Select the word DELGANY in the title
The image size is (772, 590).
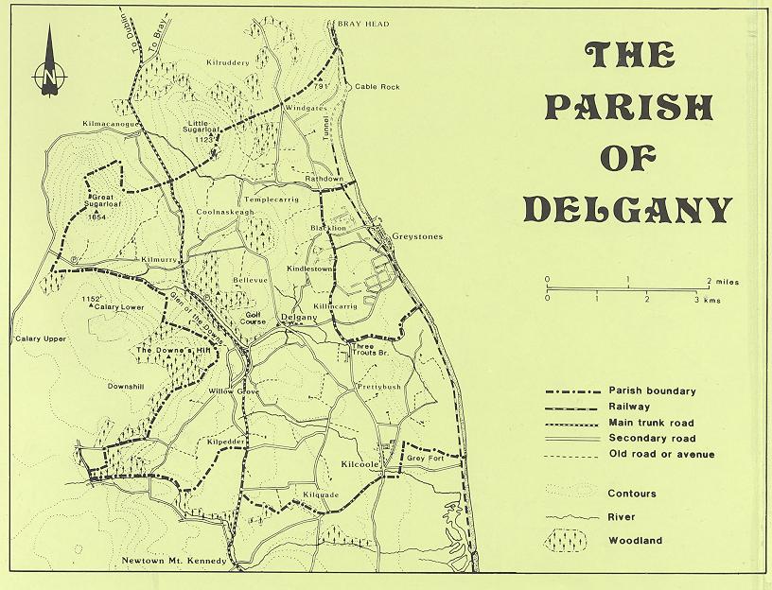tap(627, 209)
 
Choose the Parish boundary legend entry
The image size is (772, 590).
tap(653, 390)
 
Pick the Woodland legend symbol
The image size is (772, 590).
tap(568, 540)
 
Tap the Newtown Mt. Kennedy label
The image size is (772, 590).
tap(175, 561)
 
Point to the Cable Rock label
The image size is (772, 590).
tap(377, 87)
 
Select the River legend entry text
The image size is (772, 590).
tap(623, 516)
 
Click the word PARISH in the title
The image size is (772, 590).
tap(627, 108)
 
